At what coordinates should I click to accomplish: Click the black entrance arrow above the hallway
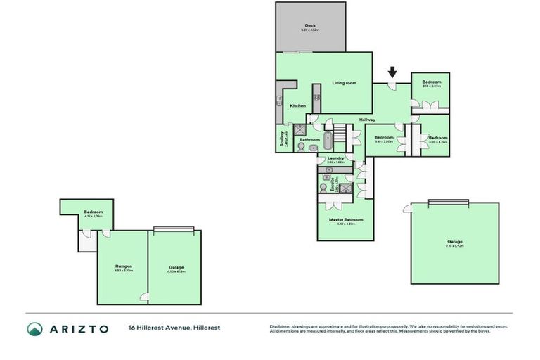click(x=392, y=72)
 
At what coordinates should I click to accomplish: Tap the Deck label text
click(x=310, y=25)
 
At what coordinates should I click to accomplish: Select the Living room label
click(x=345, y=83)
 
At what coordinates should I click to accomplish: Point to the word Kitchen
click(x=298, y=105)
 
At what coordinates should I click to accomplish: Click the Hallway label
click(x=367, y=120)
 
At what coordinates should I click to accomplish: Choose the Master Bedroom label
click(x=345, y=219)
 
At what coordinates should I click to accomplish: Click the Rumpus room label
click(x=124, y=266)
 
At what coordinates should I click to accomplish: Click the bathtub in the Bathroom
click(x=328, y=139)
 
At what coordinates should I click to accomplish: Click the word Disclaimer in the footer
click(x=281, y=326)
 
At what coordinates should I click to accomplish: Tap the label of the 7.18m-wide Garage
click(x=454, y=241)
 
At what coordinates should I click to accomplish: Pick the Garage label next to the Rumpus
click(x=176, y=267)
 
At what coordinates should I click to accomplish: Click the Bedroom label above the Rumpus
click(x=94, y=212)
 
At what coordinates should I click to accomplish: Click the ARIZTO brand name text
click(x=79, y=328)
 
